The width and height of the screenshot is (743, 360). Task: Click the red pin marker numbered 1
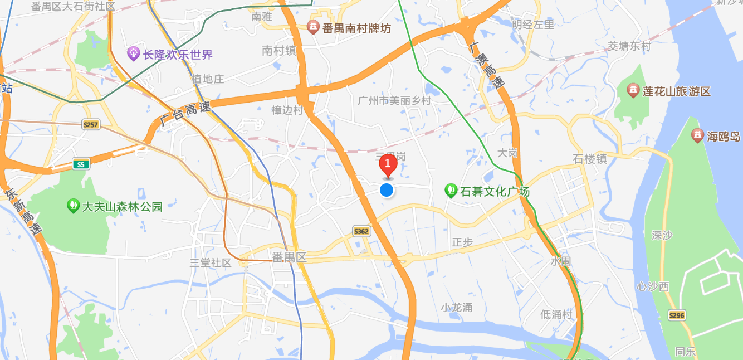click(388, 165)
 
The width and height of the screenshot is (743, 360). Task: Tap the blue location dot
click(387, 190)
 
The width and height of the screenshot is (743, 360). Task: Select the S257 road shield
click(91, 124)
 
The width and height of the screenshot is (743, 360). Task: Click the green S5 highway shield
click(81, 164)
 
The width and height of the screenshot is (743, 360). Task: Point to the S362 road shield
click(361, 231)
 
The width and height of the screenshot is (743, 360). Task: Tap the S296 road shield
click(676, 315)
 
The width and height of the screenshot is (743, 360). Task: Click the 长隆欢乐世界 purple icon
click(134, 54)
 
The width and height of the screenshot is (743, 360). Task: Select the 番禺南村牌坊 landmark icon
click(313, 27)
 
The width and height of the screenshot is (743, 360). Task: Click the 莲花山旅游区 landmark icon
click(633, 90)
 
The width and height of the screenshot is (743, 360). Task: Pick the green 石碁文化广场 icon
click(451, 191)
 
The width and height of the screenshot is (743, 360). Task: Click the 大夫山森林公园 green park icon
click(73, 206)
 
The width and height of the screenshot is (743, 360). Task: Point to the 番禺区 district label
click(289, 257)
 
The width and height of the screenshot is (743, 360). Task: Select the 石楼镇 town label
click(589, 159)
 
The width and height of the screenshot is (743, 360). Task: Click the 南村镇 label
click(279, 51)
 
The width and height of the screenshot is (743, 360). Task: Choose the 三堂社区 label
click(210, 262)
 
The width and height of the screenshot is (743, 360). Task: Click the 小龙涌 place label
click(456, 307)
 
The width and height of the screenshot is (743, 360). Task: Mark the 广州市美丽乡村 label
click(394, 101)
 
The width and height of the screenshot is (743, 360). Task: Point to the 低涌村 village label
click(556, 314)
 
